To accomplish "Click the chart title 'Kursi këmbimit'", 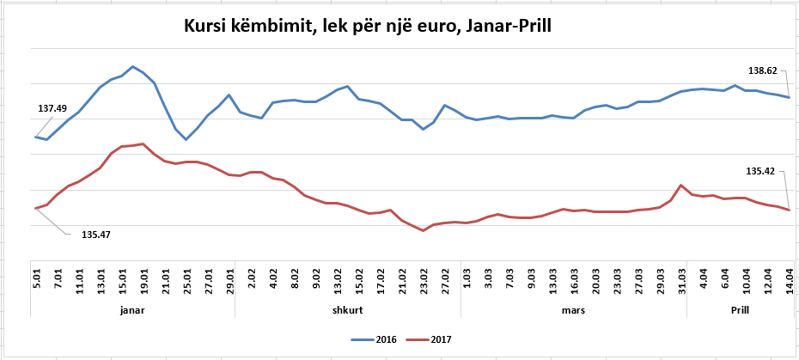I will [x=368, y=28].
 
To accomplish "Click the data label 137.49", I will [x=52, y=109].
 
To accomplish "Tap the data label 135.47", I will [x=95, y=235].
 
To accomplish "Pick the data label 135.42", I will [x=760, y=172].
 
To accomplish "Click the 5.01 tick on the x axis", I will [x=36, y=281].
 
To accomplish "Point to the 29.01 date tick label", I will [x=229, y=281].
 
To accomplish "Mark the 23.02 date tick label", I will [x=424, y=281].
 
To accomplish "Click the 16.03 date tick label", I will [x=574, y=281].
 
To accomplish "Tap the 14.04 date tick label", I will [x=789, y=281].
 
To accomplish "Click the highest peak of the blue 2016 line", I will [x=132, y=66].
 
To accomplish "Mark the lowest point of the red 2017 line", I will [x=424, y=230].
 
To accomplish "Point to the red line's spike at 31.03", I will [x=681, y=185].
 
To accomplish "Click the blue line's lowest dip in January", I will [x=186, y=139].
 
